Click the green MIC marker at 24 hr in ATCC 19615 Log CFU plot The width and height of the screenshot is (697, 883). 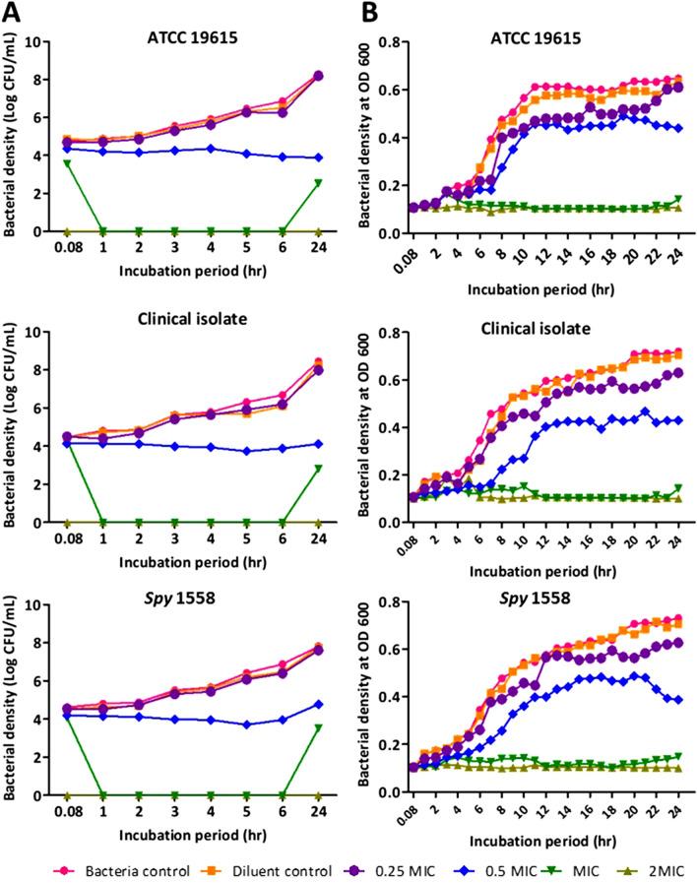click(x=318, y=183)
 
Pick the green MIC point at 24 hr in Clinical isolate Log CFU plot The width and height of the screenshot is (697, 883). click(x=318, y=469)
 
